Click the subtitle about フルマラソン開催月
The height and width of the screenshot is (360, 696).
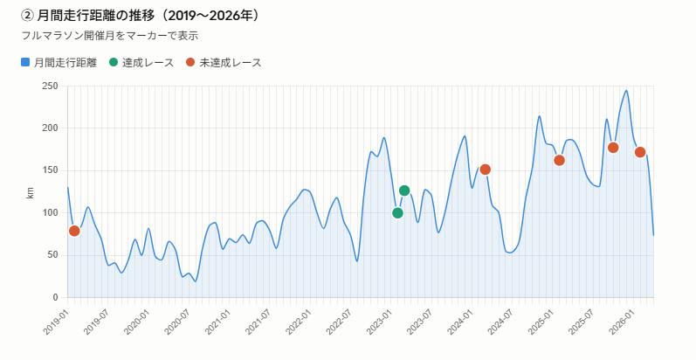click(x=109, y=36)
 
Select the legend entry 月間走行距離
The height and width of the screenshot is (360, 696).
click(x=59, y=63)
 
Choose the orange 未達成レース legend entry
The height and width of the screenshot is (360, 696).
click(x=223, y=63)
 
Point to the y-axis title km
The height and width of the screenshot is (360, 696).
click(x=30, y=192)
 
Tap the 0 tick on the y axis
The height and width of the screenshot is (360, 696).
click(x=54, y=298)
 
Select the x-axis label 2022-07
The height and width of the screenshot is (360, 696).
click(x=338, y=319)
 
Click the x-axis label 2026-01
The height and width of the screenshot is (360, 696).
click(x=623, y=319)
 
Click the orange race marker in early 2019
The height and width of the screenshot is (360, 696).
click(x=74, y=231)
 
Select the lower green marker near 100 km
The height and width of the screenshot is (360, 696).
click(x=398, y=213)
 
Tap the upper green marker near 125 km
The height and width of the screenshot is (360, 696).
click(x=404, y=190)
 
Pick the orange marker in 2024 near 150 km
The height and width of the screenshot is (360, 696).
click(x=486, y=170)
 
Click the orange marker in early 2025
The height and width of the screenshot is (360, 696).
click(x=560, y=160)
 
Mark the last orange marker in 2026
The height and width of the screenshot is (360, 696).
click(x=640, y=152)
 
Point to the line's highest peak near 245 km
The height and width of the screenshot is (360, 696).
click(x=626, y=90)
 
